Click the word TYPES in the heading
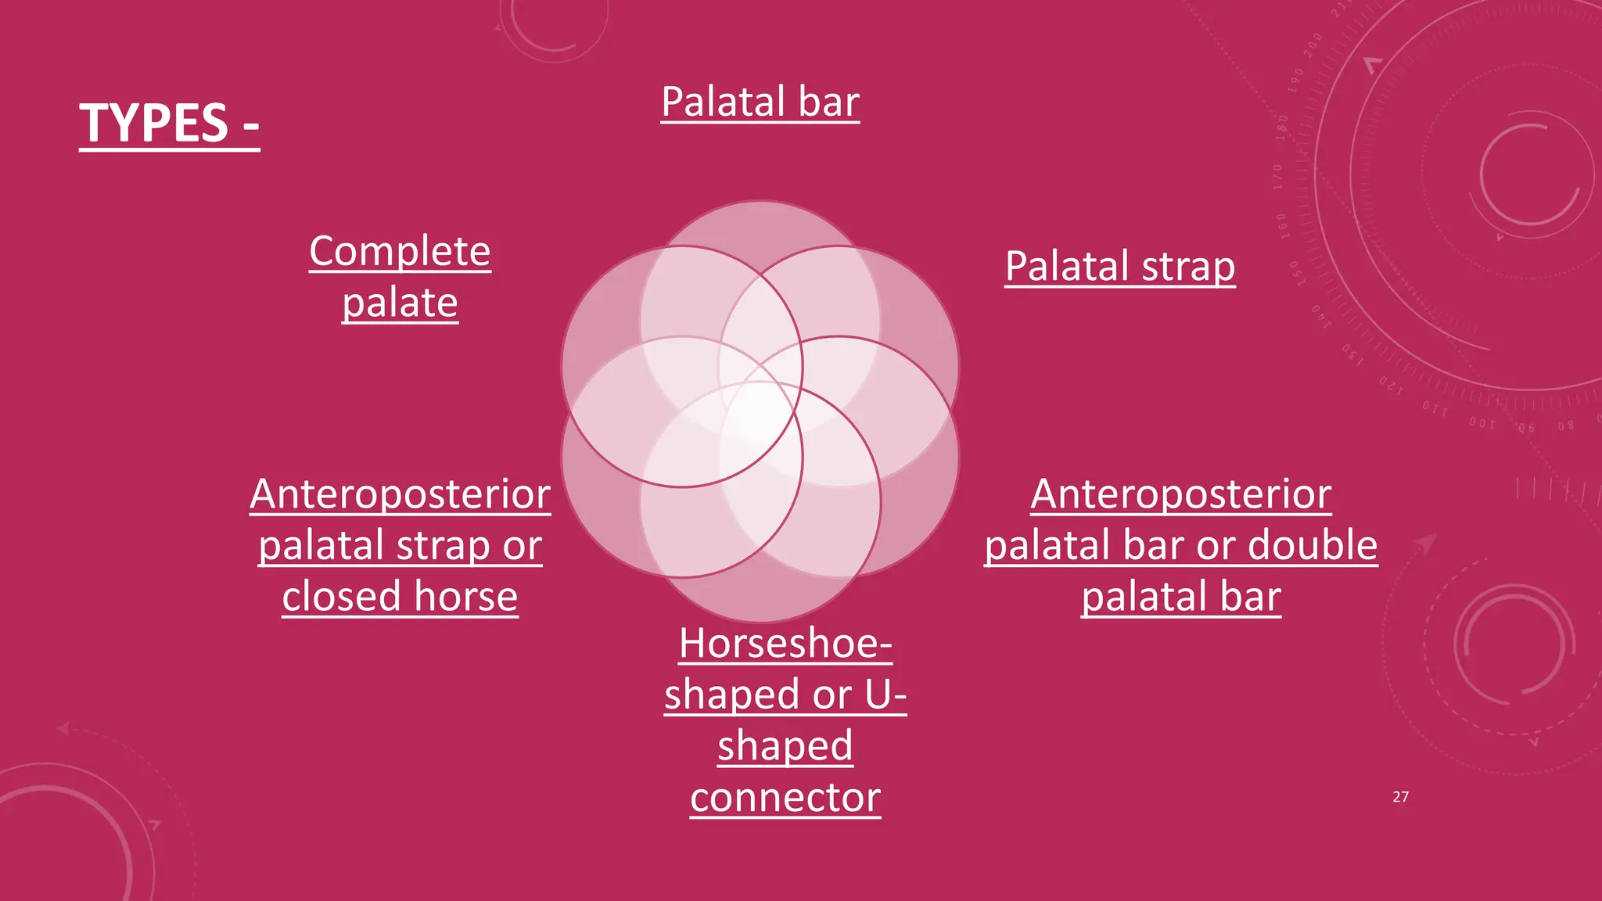click(154, 124)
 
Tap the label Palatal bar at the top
click(760, 102)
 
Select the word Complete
click(400, 252)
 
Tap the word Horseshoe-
click(785, 644)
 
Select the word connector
click(785, 798)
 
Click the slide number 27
click(1400, 797)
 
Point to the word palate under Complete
click(400, 303)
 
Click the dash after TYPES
click(250, 125)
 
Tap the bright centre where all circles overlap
click(760, 411)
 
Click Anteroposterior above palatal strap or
click(400, 494)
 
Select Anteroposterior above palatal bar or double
click(1180, 494)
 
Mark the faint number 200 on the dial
click(1313, 45)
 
